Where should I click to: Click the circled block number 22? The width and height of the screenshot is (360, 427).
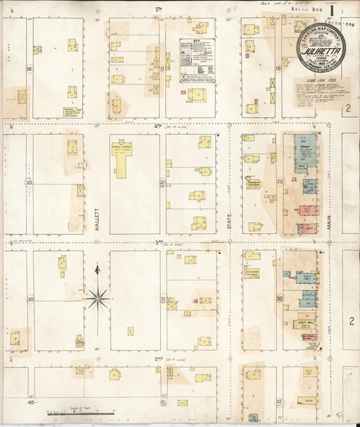pos(280,182)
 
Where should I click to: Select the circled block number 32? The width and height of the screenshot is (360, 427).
pos(280,298)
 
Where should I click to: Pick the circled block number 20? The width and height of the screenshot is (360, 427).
pos(29,182)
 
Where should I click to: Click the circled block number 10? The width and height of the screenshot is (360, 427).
pos(29,68)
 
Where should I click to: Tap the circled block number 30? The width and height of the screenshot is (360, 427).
pos(30,299)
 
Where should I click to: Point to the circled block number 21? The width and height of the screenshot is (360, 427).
pos(163,182)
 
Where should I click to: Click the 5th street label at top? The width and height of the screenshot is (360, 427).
pos(159,9)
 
